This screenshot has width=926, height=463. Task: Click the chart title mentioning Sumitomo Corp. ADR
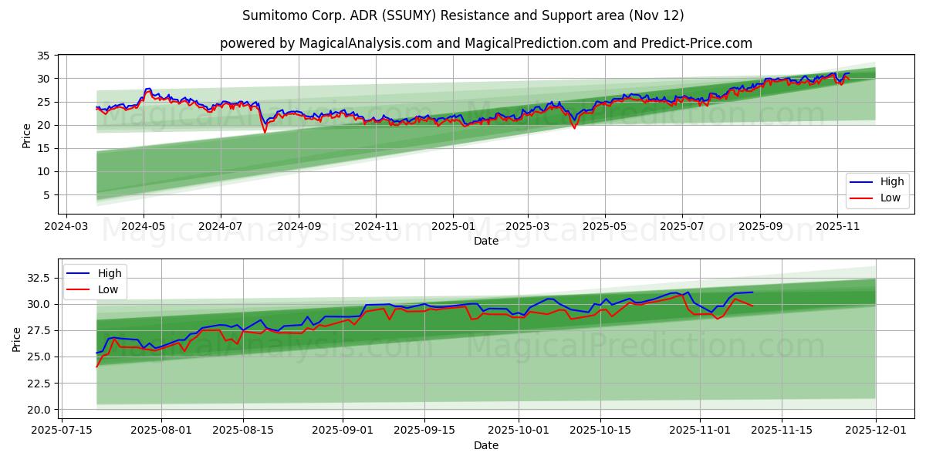[x=463, y=15]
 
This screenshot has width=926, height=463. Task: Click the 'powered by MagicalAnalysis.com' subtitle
[x=486, y=43]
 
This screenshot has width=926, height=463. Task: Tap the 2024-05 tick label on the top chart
[x=144, y=228]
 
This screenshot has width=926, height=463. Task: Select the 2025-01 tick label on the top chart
[x=453, y=228]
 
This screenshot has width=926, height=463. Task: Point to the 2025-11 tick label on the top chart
[x=837, y=228]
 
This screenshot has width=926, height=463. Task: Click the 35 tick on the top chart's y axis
[x=43, y=56]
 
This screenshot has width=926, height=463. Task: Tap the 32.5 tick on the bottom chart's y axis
[x=38, y=278]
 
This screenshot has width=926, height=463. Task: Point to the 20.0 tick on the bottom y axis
[x=38, y=409]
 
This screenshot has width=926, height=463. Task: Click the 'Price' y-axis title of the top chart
[x=27, y=136]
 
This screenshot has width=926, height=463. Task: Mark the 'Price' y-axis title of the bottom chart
[x=17, y=340]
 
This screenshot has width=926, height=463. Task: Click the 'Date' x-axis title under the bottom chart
[x=486, y=445]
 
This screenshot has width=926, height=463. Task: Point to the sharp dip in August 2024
[x=265, y=131]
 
